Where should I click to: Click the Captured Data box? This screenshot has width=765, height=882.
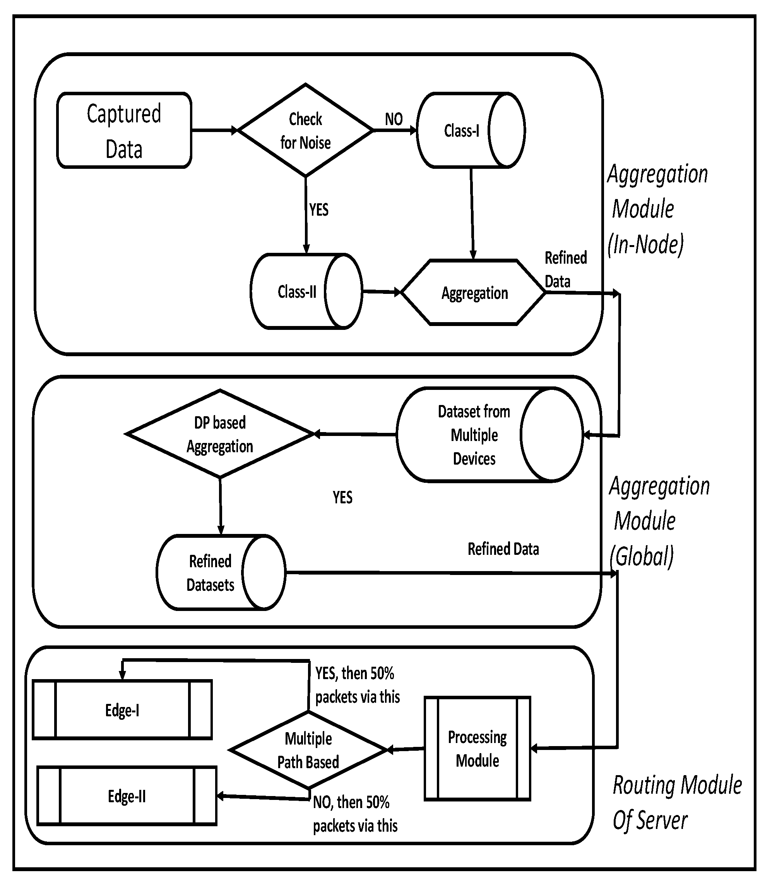pyautogui.click(x=124, y=130)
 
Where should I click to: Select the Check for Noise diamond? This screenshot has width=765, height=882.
pyautogui.click(x=305, y=130)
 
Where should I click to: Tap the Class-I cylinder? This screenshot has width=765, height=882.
pyautogui.click(x=470, y=130)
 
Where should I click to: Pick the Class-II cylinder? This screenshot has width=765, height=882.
pyautogui.click(x=305, y=292)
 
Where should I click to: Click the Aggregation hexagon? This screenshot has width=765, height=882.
pyautogui.click(x=474, y=293)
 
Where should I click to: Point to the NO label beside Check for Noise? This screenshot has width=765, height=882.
pyautogui.click(x=394, y=119)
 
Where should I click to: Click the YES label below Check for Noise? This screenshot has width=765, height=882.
pyautogui.click(x=319, y=210)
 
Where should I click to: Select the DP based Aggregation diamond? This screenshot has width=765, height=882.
pyautogui.click(x=220, y=434)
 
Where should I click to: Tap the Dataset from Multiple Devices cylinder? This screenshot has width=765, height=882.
pyautogui.click(x=489, y=435)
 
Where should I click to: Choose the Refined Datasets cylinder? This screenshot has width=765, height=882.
pyautogui.click(x=220, y=572)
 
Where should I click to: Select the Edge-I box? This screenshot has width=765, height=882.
pyautogui.click(x=122, y=710)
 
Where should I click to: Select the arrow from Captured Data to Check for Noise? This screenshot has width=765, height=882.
pyautogui.click(x=214, y=130)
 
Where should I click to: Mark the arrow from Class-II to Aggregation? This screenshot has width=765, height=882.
pyautogui.click(x=381, y=292)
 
